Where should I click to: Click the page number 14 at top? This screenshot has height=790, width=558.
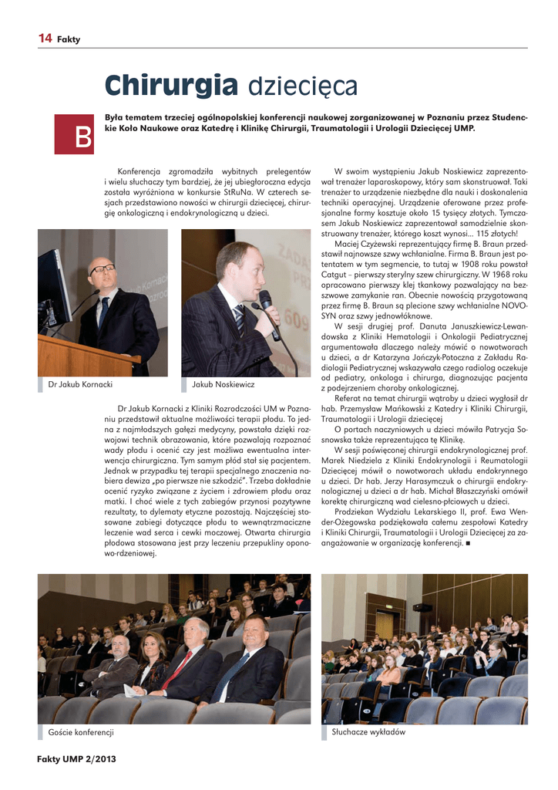point(45,39)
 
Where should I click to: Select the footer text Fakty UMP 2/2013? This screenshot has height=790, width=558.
point(76,759)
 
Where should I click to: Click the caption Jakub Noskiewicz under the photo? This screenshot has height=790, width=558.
point(223,383)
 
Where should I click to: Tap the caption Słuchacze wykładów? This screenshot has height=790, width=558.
point(368,731)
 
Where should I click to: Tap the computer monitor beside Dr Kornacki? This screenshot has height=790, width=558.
point(54,289)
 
